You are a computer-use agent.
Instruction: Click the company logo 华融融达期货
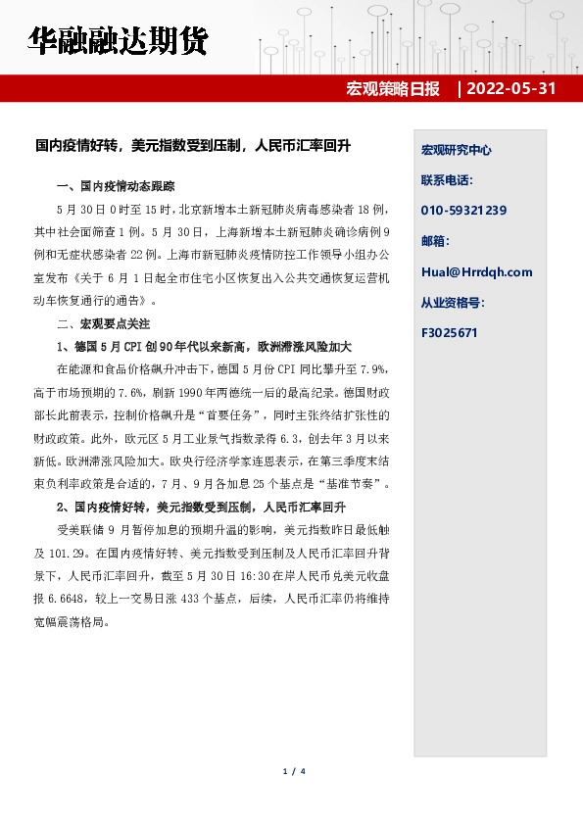pyautogui.click(x=117, y=42)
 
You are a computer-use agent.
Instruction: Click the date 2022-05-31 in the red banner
pyautogui.click(x=512, y=89)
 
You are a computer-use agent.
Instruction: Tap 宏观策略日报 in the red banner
pyautogui.click(x=393, y=89)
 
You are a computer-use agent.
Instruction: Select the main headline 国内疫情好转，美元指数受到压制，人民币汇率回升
pyautogui.click(x=192, y=146)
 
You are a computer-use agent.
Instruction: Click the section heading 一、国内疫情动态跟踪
pyautogui.click(x=117, y=187)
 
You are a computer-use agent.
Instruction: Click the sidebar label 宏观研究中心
pyautogui.click(x=456, y=151)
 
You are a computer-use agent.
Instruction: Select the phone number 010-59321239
pyautogui.click(x=463, y=211)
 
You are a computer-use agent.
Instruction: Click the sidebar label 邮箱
pyautogui.click(x=435, y=241)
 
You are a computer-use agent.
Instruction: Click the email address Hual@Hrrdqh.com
pyautogui.click(x=476, y=272)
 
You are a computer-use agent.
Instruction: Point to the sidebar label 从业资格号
pyautogui.click(x=453, y=303)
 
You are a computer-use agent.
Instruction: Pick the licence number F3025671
pyautogui.click(x=449, y=333)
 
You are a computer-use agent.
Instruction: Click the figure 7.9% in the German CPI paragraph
pyautogui.click(x=374, y=369)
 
